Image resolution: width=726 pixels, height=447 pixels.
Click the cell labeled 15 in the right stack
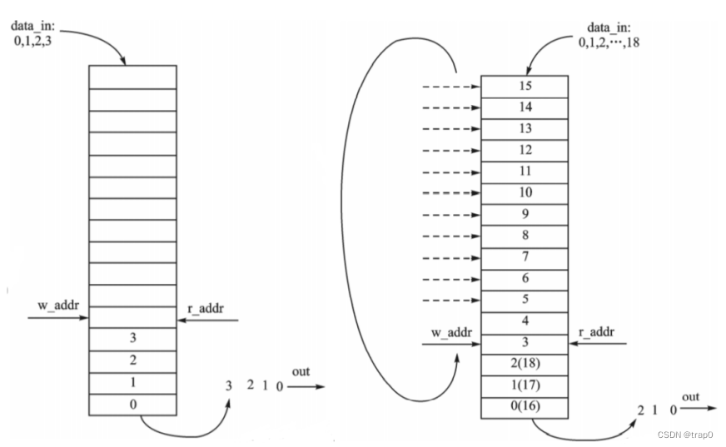pyautogui.click(x=525, y=86)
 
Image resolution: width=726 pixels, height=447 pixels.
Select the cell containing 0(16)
pyautogui.click(x=525, y=408)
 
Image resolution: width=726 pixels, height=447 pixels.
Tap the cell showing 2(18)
pyautogui.click(x=525, y=365)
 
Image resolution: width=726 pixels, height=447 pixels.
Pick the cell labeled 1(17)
pyautogui.click(x=525, y=386)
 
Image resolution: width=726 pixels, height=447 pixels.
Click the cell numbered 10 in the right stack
pyautogui.click(x=525, y=193)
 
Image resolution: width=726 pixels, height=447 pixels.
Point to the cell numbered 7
pyautogui.click(x=525, y=257)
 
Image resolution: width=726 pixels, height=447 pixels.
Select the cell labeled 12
pyautogui.click(x=525, y=150)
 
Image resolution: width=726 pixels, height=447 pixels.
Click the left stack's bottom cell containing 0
pyautogui.click(x=132, y=405)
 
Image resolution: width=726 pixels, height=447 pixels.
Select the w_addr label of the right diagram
pyautogui.click(x=451, y=333)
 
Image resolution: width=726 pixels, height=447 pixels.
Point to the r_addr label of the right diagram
pyautogui.click(x=596, y=332)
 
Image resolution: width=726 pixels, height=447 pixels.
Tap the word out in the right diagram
pyautogui.click(x=690, y=397)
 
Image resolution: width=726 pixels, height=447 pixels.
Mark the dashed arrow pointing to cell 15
pyautogui.click(x=450, y=86)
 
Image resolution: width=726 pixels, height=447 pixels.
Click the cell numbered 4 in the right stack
pyautogui.click(x=525, y=321)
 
